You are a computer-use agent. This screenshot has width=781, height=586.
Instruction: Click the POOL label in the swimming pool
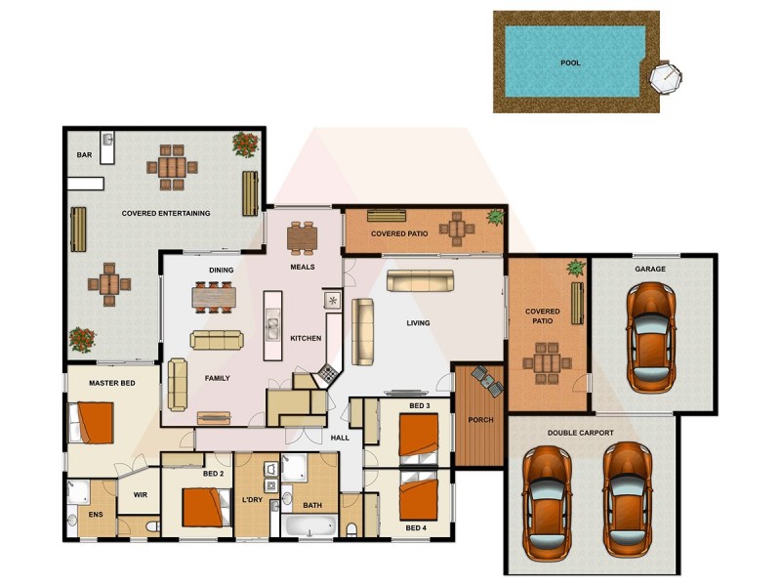click(x=570, y=63)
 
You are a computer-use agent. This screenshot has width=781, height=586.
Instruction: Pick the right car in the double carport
click(x=626, y=498)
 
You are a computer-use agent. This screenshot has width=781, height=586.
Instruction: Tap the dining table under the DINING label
click(x=214, y=295)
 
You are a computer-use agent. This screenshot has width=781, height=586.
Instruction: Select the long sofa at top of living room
click(x=420, y=281)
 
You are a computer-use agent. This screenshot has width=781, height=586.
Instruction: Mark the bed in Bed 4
click(x=419, y=498)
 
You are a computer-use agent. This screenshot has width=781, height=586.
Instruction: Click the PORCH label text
click(x=479, y=420)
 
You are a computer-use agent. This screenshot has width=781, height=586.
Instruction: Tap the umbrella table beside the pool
click(x=664, y=76)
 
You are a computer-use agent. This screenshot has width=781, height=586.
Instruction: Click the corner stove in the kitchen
click(x=329, y=374)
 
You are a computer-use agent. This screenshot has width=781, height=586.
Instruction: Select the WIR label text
click(x=140, y=495)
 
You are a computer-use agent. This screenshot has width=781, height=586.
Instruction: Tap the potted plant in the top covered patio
click(x=495, y=216)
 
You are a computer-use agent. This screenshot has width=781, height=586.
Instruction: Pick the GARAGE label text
click(x=650, y=269)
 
